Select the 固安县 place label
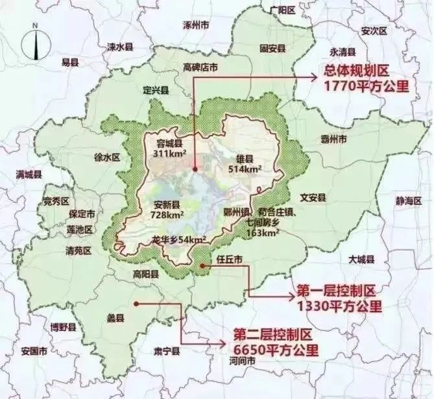pos(268,48)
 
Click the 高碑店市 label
pos(200,67)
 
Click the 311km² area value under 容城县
pos(166,154)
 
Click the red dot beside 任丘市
pos(204,265)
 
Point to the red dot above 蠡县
pos(137,303)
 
